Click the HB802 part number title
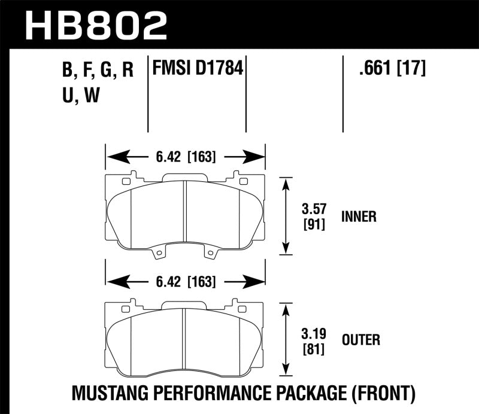95,25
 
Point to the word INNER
359,217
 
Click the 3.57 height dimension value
311,210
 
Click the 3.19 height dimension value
311,334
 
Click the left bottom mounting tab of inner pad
158,255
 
